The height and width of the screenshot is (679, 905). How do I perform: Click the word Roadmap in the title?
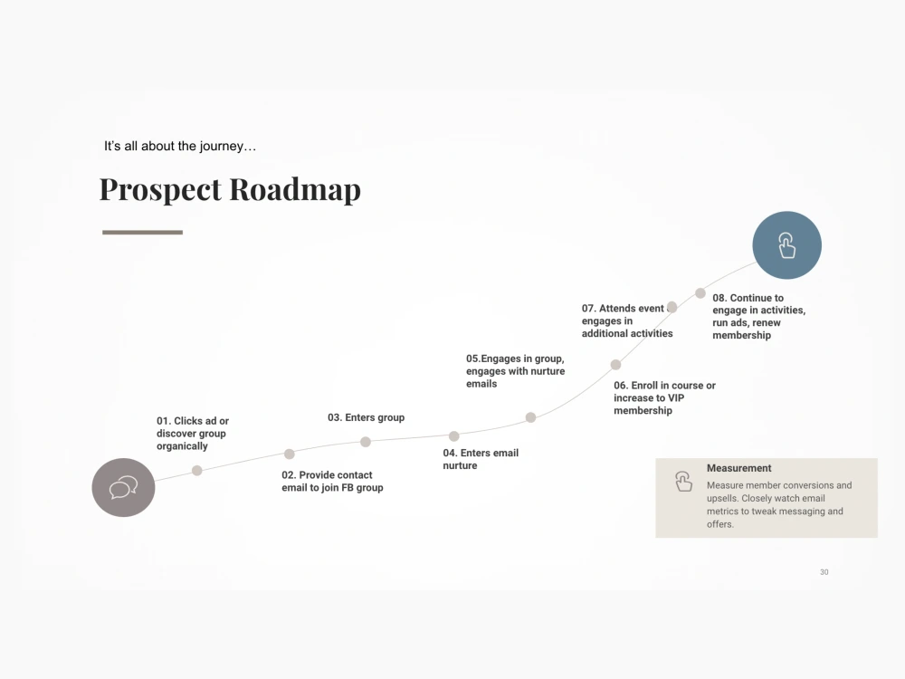click(295, 189)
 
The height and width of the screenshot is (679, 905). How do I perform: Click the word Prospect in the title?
click(160, 190)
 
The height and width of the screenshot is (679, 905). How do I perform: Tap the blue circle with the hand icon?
click(786, 245)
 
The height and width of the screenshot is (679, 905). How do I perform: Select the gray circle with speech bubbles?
click(123, 487)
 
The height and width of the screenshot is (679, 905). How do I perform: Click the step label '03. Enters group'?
click(366, 417)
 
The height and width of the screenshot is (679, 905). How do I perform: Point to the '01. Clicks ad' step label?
click(193, 434)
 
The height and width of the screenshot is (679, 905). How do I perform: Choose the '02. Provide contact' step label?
click(332, 482)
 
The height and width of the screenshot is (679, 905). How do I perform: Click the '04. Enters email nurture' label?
click(481, 459)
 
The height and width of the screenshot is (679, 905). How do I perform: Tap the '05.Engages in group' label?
click(516, 371)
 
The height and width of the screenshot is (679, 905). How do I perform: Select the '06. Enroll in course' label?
click(664, 397)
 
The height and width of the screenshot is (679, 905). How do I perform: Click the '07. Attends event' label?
click(627, 321)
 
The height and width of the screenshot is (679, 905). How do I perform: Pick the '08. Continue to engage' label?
click(759, 316)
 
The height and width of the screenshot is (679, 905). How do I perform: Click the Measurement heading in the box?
click(738, 468)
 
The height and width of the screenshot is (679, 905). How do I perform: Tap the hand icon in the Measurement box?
click(683, 482)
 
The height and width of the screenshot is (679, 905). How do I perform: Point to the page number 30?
click(824, 572)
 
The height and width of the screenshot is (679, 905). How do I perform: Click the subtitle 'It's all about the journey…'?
click(180, 146)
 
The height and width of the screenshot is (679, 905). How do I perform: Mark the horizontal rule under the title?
click(143, 232)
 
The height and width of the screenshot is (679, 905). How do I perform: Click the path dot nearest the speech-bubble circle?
click(196, 471)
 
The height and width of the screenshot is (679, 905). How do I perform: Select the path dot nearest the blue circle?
click(700, 293)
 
